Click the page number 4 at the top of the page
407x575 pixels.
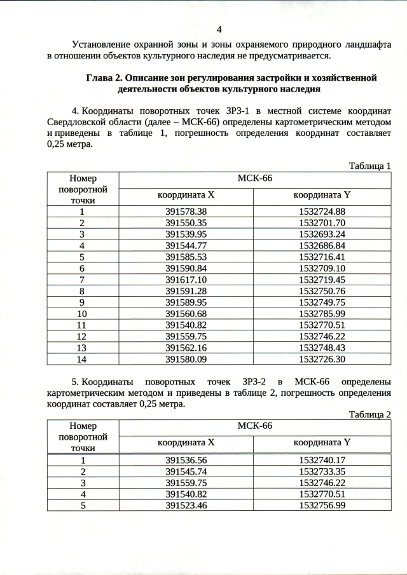click(x=219, y=30)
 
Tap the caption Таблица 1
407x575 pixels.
click(x=369, y=166)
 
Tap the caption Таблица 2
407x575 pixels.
click(x=369, y=414)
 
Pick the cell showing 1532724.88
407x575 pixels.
click(x=322, y=212)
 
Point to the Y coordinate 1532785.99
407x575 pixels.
click(x=322, y=313)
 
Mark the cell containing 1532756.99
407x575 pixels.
click(x=322, y=505)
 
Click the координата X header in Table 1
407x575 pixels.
click(x=186, y=195)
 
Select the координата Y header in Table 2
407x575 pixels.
click(x=322, y=442)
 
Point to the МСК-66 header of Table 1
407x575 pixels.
click(x=254, y=178)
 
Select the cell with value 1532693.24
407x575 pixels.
click(x=322, y=234)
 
